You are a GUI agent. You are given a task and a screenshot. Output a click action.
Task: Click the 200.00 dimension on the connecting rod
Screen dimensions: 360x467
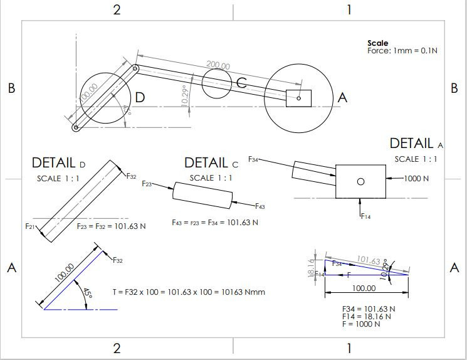pos(218,66)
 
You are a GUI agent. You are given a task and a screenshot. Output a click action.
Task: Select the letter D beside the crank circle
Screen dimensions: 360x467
pos(140,97)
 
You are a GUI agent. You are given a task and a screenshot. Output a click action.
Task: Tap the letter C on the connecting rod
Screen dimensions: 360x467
pos(241,83)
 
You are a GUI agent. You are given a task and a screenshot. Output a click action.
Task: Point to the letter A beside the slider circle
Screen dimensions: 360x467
pos(342,97)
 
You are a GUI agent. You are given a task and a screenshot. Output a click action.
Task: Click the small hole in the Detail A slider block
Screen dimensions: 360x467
pos(360,181)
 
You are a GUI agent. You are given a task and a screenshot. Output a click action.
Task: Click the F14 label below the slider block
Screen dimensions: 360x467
pos(366,216)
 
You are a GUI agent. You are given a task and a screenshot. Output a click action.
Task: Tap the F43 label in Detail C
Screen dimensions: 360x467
pos(259,206)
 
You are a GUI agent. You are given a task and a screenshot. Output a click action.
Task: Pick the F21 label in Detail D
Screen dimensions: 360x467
pos(29,226)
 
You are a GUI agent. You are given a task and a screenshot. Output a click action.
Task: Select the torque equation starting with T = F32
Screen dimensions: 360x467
pos(189,292)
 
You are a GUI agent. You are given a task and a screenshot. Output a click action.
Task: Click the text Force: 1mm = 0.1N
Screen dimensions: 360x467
pos(402,50)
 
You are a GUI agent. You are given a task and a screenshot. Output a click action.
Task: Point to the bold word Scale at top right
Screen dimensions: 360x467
pos(377,43)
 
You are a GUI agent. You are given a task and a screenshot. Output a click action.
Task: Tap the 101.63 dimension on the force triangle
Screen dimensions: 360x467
pos(369,260)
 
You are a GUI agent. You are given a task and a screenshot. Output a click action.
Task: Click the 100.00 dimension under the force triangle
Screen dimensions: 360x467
pos(364,289)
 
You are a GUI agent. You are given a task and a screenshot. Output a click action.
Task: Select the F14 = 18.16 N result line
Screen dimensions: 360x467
pos(367,317)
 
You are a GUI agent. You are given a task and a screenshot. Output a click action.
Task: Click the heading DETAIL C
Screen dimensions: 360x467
pos(211,163)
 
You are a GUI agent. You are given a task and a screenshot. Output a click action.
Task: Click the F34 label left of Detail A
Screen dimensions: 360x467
pos(254,160)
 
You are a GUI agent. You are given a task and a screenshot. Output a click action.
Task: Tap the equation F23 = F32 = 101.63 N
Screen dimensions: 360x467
pos(111,226)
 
